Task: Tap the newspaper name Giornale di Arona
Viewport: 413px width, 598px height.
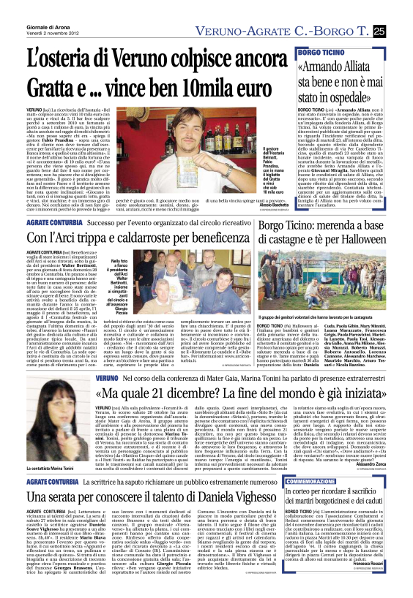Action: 29,6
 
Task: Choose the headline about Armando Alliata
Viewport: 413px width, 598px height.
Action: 340,62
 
